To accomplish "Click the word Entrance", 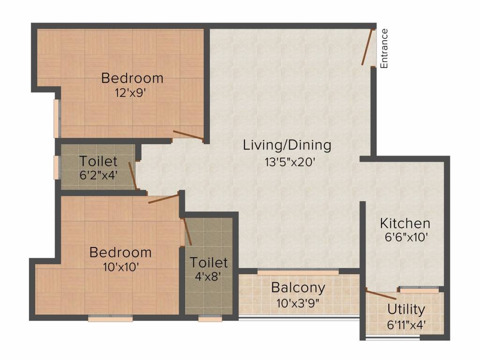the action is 384,48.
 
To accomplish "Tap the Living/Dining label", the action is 287,145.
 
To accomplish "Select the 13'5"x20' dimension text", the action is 290,162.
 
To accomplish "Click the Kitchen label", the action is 405,224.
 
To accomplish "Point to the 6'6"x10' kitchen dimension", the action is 406,237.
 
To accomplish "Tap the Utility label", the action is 406,310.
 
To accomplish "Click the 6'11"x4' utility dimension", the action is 406,324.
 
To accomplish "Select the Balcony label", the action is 298,288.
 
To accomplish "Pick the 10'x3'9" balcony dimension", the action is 298,303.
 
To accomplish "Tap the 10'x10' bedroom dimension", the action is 121,267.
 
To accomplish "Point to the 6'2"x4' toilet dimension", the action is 98,175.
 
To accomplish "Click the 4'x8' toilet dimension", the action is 209,277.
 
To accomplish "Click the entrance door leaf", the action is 367,47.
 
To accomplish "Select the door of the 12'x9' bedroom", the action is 188,135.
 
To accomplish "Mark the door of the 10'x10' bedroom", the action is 163,199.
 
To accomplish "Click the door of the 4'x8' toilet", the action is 187,232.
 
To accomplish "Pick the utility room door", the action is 381,295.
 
